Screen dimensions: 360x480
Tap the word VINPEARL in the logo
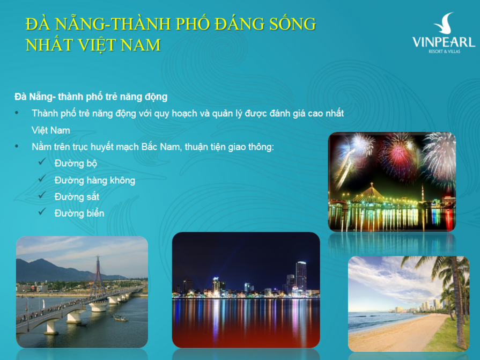point(444,42)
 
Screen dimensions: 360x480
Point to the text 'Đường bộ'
point(76,163)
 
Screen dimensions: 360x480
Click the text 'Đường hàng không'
point(94,180)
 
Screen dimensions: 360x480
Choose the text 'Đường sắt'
point(77,197)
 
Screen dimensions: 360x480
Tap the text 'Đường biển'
point(79,214)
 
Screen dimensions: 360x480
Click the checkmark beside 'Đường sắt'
point(41,196)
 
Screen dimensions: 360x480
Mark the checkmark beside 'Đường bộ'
point(41,163)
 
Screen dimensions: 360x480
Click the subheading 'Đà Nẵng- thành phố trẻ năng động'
point(91,97)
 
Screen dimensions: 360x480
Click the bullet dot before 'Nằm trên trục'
point(18,146)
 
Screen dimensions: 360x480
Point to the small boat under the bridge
point(120,318)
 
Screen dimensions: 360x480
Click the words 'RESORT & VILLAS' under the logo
point(444,52)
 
